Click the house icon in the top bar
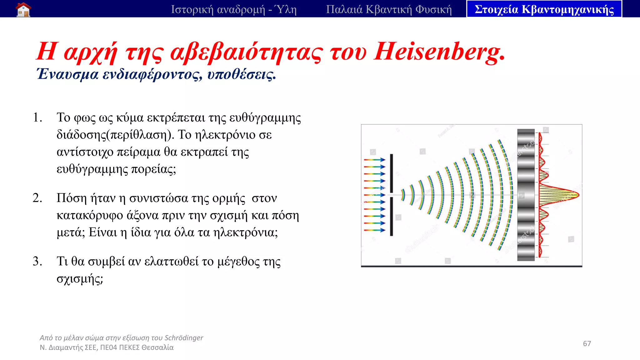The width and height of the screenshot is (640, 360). pyautogui.click(x=23, y=9)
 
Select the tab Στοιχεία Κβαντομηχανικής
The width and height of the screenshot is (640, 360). pyautogui.click(x=544, y=9)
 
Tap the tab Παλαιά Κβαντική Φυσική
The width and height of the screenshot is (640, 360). pyautogui.click(x=389, y=9)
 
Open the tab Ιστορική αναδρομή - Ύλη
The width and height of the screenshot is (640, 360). pyautogui.click(x=233, y=9)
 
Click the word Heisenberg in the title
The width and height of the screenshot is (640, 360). pyautogui.click(x=439, y=52)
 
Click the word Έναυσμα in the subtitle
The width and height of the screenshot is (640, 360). pyautogui.click(x=67, y=74)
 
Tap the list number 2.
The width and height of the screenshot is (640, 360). pyautogui.click(x=37, y=198)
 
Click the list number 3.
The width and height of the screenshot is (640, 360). pyautogui.click(x=37, y=261)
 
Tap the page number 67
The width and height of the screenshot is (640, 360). pyautogui.click(x=587, y=344)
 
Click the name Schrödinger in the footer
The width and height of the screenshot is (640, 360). pyautogui.click(x=184, y=338)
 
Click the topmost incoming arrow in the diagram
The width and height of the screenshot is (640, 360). pyautogui.click(x=374, y=160)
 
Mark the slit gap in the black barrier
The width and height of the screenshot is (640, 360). pyautogui.click(x=392, y=195)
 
